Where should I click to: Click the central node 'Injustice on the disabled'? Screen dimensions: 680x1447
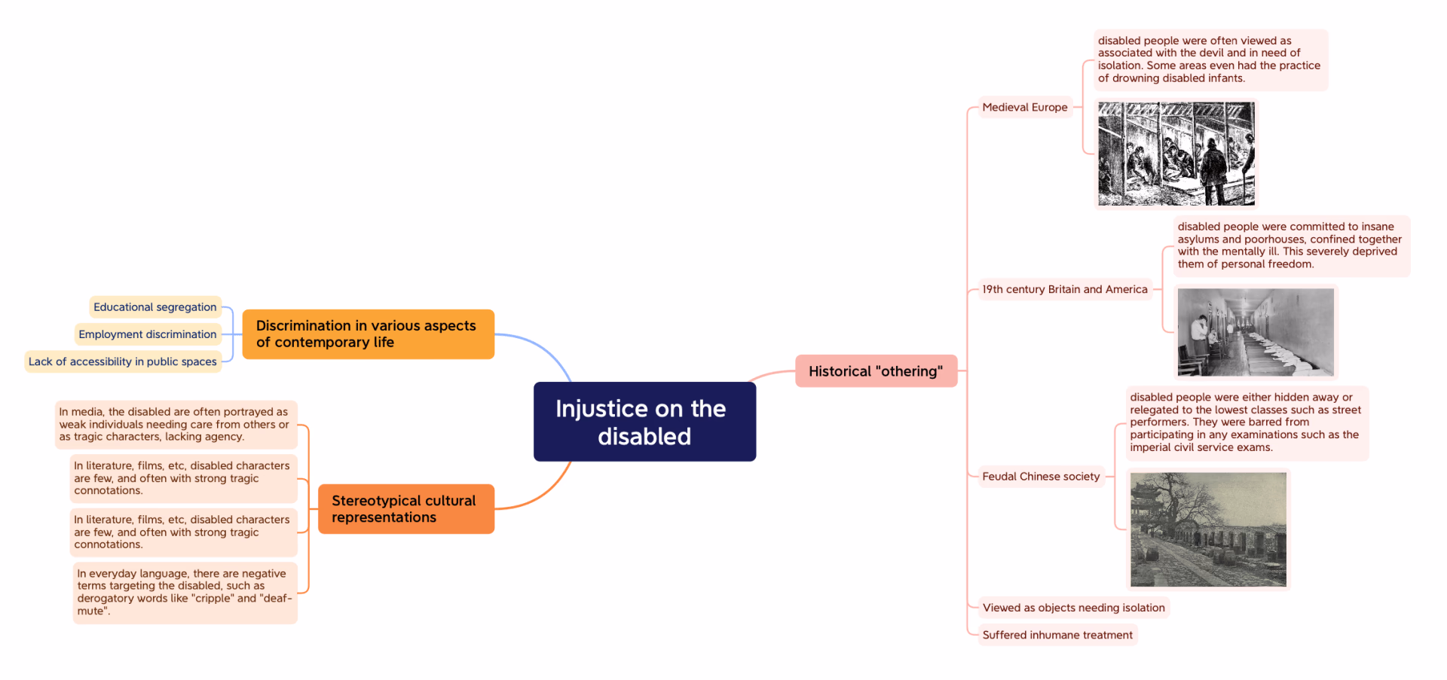pyautogui.click(x=644, y=422)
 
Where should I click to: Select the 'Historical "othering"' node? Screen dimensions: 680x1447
pyautogui.click(x=876, y=371)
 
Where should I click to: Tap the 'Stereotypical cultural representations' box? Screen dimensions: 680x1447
pyautogui.click(x=405, y=509)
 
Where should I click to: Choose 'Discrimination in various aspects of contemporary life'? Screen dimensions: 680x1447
pyautogui.click(x=368, y=334)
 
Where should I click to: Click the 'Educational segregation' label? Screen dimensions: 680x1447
pyautogui.click(x=155, y=307)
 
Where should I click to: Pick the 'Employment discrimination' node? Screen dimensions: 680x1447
pyautogui.click(x=148, y=334)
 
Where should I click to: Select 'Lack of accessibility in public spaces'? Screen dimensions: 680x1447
pyautogui.click(x=123, y=361)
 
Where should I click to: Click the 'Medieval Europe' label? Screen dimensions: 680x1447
pyautogui.click(x=1025, y=108)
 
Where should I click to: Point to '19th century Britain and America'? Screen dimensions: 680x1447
pyautogui.click(x=1065, y=289)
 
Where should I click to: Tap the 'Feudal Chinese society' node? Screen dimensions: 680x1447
pyautogui.click(x=1041, y=477)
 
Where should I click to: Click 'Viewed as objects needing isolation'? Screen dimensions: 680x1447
pyautogui.click(x=1073, y=608)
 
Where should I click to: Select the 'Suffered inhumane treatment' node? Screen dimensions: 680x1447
pyautogui.click(x=1057, y=635)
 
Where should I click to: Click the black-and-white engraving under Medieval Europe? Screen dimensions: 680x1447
pyautogui.click(x=1176, y=154)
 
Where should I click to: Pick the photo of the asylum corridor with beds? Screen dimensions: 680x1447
pyautogui.click(x=1256, y=332)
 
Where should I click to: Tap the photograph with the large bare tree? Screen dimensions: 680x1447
pyautogui.click(x=1208, y=529)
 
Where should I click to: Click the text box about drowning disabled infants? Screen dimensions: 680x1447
pyautogui.click(x=1210, y=59)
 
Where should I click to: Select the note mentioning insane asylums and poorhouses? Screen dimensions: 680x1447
pyautogui.click(x=1289, y=245)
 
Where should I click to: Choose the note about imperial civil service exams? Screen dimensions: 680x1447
pyautogui.click(x=1246, y=422)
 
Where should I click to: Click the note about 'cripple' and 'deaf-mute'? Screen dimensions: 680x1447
pyautogui.click(x=185, y=593)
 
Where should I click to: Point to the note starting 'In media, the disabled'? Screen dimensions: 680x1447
pyautogui.click(x=176, y=425)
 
